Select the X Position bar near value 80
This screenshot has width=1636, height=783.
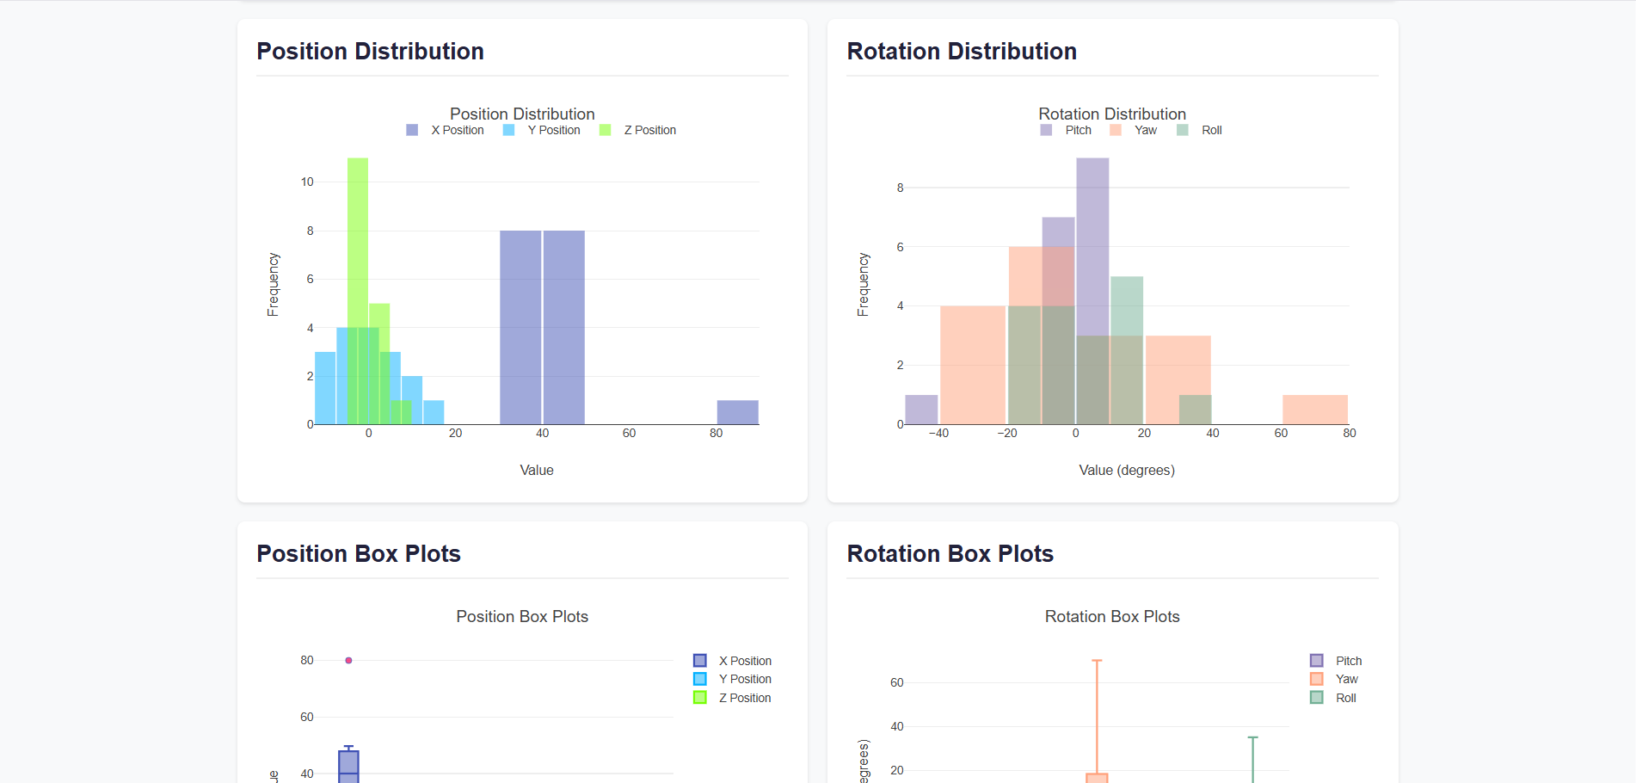pos(737,412)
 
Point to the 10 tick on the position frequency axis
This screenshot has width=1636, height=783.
pos(307,182)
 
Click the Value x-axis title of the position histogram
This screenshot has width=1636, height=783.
pos(536,470)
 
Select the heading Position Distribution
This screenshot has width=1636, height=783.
pos(370,52)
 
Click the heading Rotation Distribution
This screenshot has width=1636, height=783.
pos(961,52)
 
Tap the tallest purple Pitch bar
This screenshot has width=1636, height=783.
pos(1092,241)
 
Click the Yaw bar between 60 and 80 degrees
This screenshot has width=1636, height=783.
pos(1314,410)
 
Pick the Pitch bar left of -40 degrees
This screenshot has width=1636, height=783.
pos(921,410)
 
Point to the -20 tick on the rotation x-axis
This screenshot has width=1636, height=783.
pos(1007,433)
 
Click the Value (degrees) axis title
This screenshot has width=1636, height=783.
pos(1126,470)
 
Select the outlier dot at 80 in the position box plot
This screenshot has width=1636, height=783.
pos(348,661)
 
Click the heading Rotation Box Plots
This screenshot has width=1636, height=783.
pos(950,554)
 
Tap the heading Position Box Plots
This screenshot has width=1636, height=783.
pos(358,554)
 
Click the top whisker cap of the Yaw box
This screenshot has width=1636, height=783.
pos(1097,661)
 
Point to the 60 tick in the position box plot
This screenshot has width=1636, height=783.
pos(307,717)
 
